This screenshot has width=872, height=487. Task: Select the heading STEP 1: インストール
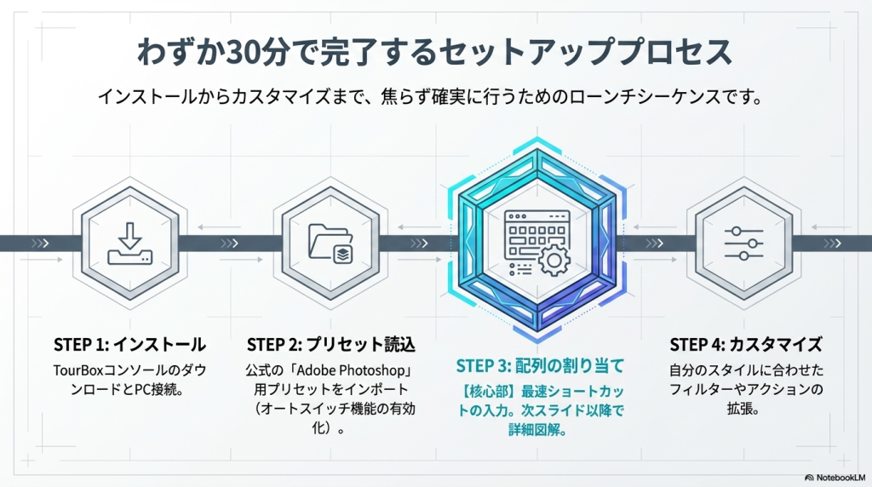(129, 345)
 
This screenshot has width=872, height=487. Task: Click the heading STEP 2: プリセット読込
(330, 345)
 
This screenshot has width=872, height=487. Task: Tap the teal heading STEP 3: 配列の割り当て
(540, 366)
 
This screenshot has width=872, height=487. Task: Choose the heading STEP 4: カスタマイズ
(746, 345)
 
